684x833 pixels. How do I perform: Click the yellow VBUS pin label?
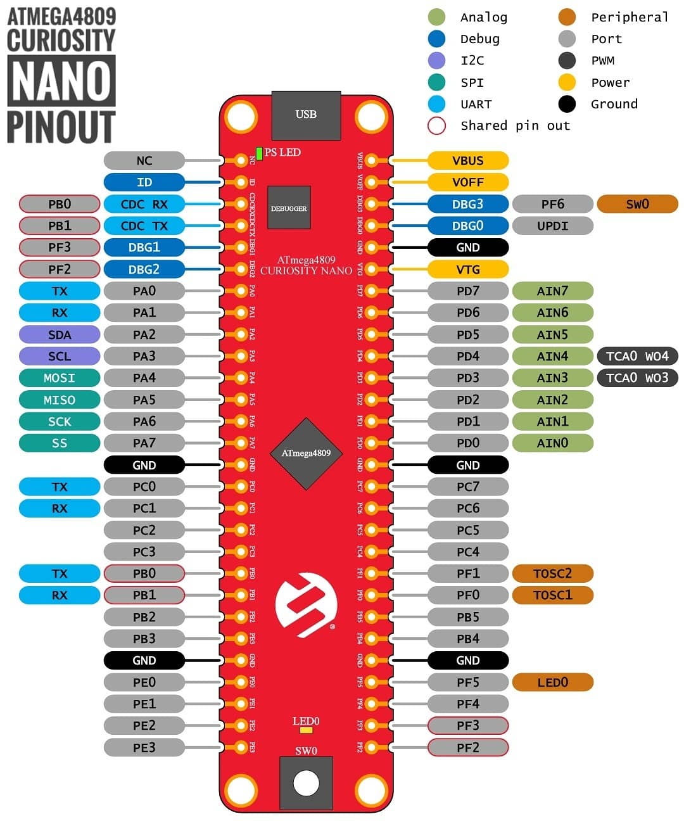click(468, 160)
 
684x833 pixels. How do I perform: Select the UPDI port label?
click(552, 226)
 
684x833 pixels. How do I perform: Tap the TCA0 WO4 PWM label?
click(637, 356)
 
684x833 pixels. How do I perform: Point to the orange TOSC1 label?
click(552, 595)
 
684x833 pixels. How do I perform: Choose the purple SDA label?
click(60, 334)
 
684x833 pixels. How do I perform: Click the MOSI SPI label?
click(60, 378)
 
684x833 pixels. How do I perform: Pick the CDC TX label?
click(144, 226)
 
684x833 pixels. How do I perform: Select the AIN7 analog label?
click(552, 291)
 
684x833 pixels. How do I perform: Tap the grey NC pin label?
click(144, 160)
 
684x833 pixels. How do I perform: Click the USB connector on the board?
click(306, 115)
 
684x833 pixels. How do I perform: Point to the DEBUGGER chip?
click(289, 208)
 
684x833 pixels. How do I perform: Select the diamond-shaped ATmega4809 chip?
click(306, 453)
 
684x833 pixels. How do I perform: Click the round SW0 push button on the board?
click(306, 783)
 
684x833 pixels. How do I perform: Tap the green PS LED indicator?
click(259, 153)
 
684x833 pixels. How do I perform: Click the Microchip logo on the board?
click(306, 604)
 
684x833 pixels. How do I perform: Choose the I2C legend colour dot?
click(437, 60)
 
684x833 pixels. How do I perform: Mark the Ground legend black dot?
click(567, 104)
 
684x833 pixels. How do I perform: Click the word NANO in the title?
click(61, 81)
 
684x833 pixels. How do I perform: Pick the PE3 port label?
click(144, 747)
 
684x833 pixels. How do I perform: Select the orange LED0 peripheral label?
click(552, 682)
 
